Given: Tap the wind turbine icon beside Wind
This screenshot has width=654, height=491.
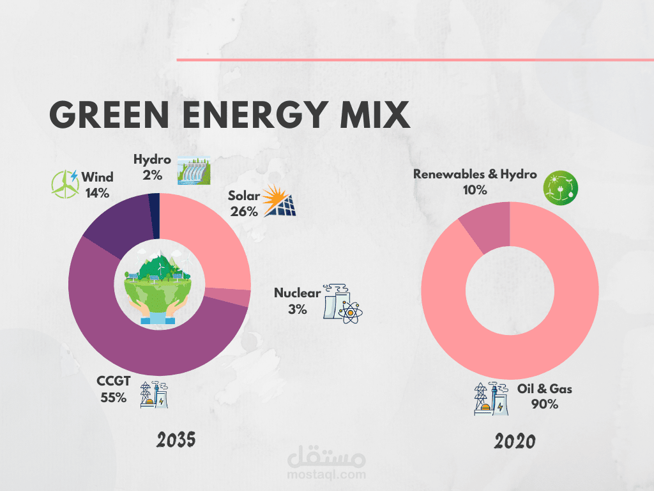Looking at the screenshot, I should (x=65, y=183).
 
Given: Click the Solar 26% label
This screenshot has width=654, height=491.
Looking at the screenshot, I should (x=243, y=204).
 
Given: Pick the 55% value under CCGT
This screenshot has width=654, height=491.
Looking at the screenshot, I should (x=113, y=398).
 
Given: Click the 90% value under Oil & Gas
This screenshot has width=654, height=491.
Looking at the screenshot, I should (x=544, y=404).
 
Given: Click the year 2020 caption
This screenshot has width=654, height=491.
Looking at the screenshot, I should (x=514, y=441).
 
